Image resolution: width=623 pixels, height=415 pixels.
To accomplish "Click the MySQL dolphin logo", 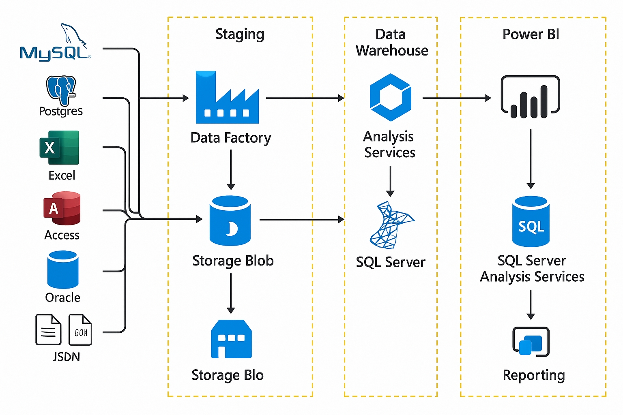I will pos(56,43).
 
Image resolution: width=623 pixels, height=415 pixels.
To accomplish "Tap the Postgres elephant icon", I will pos(61,90).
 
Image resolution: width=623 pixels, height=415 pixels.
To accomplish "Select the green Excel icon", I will pos(59,148).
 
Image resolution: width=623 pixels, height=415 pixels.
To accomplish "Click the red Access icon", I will pos(62,208).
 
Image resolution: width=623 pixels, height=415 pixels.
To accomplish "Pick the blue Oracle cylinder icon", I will pos(63,270).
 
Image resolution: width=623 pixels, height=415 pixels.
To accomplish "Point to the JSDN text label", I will pos(66,357).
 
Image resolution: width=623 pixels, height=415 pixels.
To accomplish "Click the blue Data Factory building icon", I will pos(227,98).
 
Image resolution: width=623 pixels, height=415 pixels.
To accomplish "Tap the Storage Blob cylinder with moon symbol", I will pos(230,220).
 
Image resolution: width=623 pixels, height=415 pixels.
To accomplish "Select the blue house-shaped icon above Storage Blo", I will pos(231,339).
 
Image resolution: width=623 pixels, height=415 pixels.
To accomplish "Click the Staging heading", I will pos(240,34).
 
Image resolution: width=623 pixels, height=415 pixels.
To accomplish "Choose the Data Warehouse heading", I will pos(391,43).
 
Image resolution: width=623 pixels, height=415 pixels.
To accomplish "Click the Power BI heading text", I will pos(531,34).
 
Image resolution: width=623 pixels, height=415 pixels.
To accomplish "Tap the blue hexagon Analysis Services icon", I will pos(391,97).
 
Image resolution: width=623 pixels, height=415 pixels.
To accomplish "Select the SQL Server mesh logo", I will pos(391,225).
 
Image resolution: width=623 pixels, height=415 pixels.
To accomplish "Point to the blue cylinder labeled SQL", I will pos(531,222).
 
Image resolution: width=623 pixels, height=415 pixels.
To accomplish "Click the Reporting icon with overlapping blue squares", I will pos(531,342).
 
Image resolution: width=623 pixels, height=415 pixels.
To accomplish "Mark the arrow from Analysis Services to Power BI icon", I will pos(456,98).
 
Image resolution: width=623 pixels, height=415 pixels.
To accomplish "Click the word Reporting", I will pos(534,375).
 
